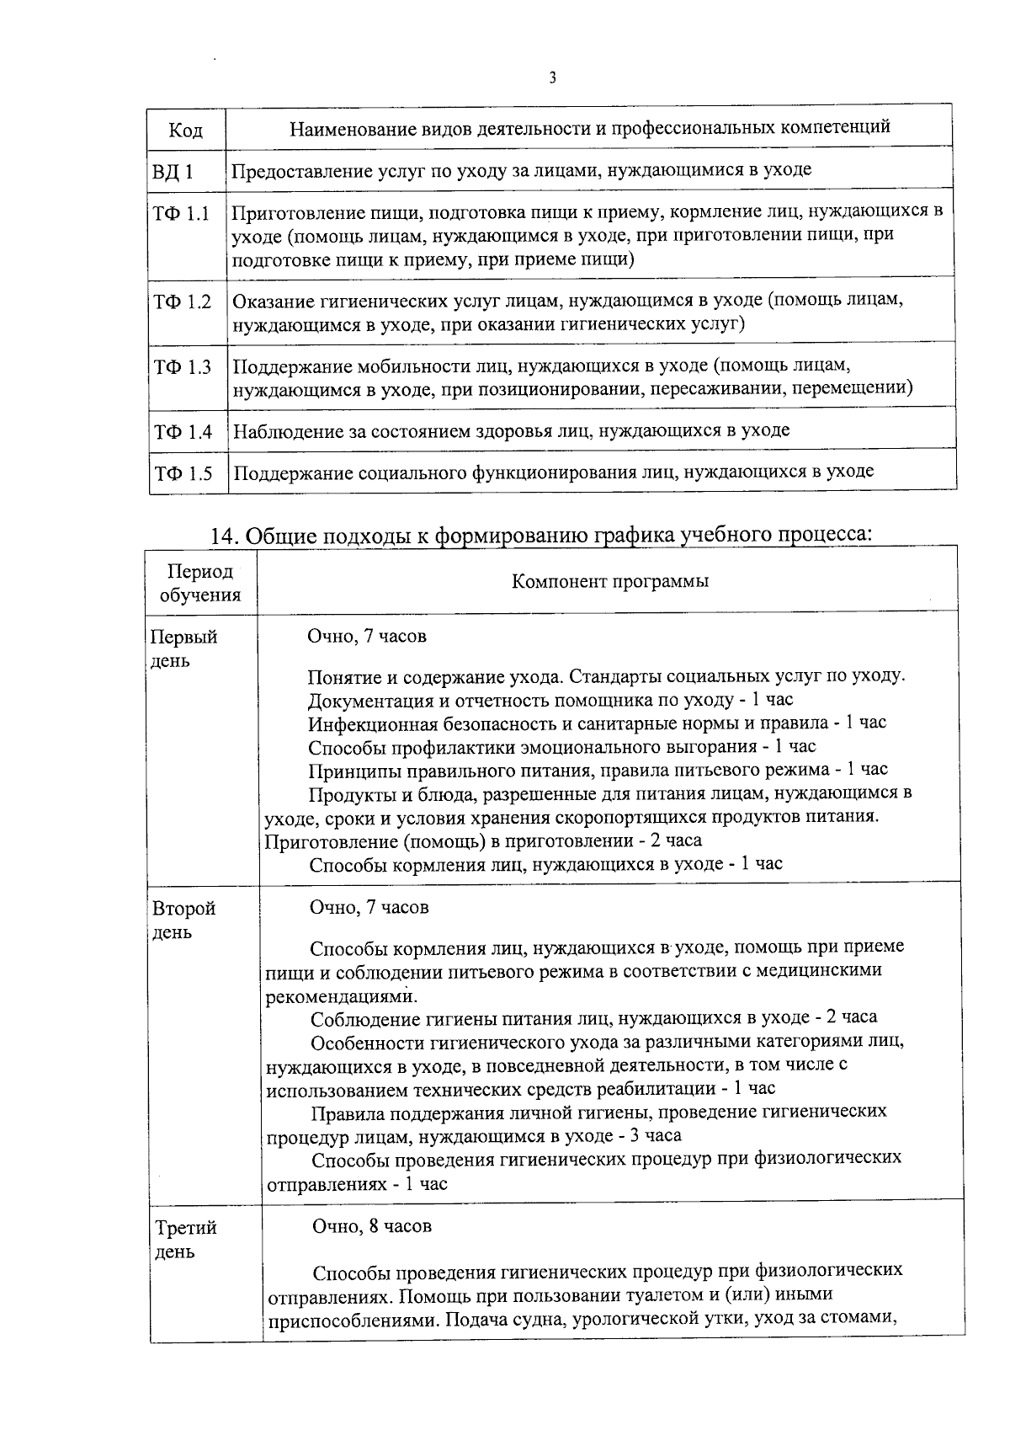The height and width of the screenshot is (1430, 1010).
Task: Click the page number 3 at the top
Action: (552, 78)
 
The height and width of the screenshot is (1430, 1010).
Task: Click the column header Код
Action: (185, 130)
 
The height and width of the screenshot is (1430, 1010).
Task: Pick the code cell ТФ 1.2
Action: (182, 301)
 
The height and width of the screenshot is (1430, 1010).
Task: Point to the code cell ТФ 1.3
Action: (182, 367)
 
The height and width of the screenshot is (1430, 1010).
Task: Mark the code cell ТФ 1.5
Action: (183, 473)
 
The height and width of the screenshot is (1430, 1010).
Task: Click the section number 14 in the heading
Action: (223, 536)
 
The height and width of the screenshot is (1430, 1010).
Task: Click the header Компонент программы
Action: (610, 581)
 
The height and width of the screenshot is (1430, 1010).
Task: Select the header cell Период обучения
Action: (200, 583)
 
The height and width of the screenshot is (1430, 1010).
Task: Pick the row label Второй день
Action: (183, 920)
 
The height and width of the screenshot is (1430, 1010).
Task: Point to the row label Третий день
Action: (185, 1239)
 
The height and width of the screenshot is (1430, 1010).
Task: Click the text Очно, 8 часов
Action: (372, 1226)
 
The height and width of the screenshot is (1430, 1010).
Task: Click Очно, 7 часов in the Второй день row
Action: (369, 907)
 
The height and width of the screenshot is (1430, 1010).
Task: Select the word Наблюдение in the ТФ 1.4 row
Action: (288, 431)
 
